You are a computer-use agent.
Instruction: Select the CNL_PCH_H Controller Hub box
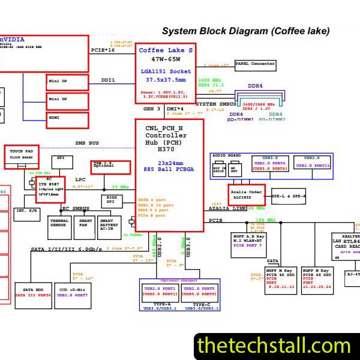tap(170, 174)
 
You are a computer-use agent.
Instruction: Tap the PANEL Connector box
tap(255, 64)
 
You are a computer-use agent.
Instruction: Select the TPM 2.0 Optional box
tap(110, 166)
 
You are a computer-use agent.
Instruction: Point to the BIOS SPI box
tap(111, 200)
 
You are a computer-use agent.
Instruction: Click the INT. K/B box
tap(26, 211)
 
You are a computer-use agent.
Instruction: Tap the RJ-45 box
tap(352, 275)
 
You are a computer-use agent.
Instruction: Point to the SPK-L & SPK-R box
tap(289, 196)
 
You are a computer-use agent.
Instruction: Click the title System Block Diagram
tap(246, 31)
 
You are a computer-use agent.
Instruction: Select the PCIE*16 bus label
tap(102, 50)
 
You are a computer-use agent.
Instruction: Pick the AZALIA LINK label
tap(227, 208)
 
